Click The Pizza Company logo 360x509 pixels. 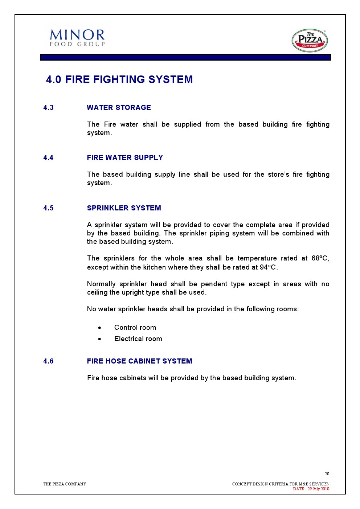(x=310, y=41)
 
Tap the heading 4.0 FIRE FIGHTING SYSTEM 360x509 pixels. (x=119, y=79)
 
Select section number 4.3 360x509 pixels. (x=48, y=107)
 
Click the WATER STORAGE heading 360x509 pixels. (x=119, y=107)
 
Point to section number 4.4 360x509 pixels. (x=48, y=157)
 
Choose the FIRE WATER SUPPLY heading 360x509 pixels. (x=125, y=157)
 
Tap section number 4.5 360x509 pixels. (x=48, y=208)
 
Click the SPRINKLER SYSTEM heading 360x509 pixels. (x=124, y=208)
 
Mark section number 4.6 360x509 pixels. (x=48, y=361)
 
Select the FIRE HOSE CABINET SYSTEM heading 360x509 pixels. (x=139, y=361)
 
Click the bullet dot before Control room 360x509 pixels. (x=99, y=328)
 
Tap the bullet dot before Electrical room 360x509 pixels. (x=99, y=339)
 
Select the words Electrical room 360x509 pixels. (x=138, y=339)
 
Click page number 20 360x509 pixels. (x=327, y=474)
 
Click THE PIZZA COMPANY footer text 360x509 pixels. (x=65, y=484)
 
